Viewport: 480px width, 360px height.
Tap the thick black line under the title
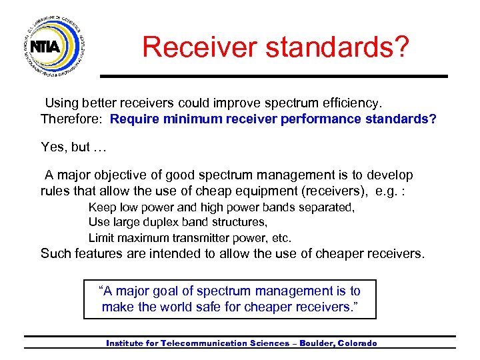click(x=273, y=76)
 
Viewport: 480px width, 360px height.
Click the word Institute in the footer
click(x=128, y=343)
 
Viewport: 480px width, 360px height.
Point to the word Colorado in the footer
click(x=357, y=343)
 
